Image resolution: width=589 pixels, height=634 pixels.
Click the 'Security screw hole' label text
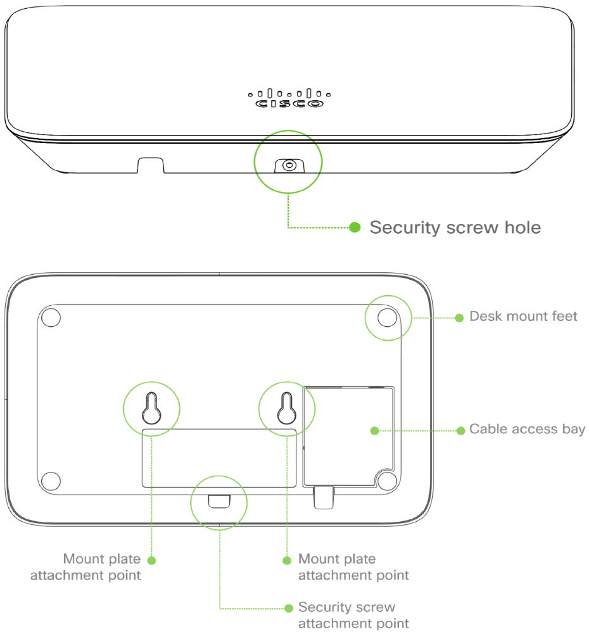pyautogui.click(x=455, y=227)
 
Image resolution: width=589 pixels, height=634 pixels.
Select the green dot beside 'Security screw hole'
pyautogui.click(x=355, y=227)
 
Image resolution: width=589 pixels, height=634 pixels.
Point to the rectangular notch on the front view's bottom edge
pyautogui.click(x=151, y=165)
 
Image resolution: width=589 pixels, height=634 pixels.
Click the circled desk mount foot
pyautogui.click(x=386, y=317)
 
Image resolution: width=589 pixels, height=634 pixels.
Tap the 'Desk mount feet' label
pyautogui.click(x=523, y=316)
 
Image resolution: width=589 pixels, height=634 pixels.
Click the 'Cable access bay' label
pyautogui.click(x=527, y=429)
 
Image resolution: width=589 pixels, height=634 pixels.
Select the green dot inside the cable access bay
pyautogui.click(x=374, y=430)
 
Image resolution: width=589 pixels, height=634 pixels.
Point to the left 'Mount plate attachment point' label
pyautogui.click(x=101, y=567)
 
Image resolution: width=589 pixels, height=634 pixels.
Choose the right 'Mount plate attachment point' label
pyautogui.click(x=353, y=567)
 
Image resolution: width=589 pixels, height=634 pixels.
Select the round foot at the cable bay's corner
pyautogui.click(x=386, y=479)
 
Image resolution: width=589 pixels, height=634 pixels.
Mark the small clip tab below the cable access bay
pyautogui.click(x=323, y=498)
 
